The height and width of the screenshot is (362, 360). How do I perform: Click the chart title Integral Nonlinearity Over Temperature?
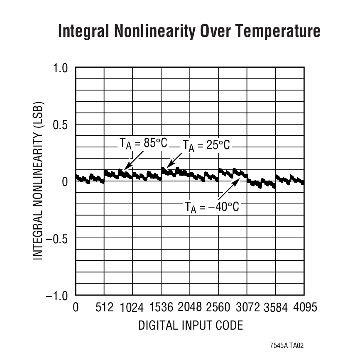click(x=189, y=32)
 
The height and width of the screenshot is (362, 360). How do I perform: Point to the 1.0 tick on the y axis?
click(x=61, y=68)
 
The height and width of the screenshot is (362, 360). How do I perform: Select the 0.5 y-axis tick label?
click(x=61, y=125)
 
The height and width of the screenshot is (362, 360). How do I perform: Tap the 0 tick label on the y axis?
click(x=65, y=182)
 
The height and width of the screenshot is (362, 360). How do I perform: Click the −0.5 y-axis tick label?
click(x=57, y=239)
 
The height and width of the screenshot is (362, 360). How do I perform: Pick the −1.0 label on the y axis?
click(x=57, y=296)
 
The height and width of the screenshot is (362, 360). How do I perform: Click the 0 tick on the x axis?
click(x=76, y=308)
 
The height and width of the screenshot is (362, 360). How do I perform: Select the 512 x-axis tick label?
click(x=104, y=308)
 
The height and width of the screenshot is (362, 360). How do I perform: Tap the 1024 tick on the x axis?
click(x=132, y=308)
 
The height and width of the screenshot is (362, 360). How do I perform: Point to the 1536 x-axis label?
click(x=161, y=308)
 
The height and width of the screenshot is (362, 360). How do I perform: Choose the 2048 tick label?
click(x=190, y=307)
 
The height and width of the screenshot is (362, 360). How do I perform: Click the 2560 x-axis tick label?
click(x=218, y=308)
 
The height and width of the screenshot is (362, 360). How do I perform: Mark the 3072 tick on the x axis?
click(x=247, y=308)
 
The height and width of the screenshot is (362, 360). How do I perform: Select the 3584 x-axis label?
click(x=276, y=308)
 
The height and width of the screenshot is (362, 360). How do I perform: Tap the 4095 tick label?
click(x=304, y=308)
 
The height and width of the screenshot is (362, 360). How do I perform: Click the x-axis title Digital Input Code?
click(x=190, y=325)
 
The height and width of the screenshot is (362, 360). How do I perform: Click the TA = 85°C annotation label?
click(x=143, y=143)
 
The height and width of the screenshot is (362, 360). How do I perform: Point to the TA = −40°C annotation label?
click(x=212, y=206)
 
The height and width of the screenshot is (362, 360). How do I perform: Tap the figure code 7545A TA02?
click(x=287, y=345)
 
